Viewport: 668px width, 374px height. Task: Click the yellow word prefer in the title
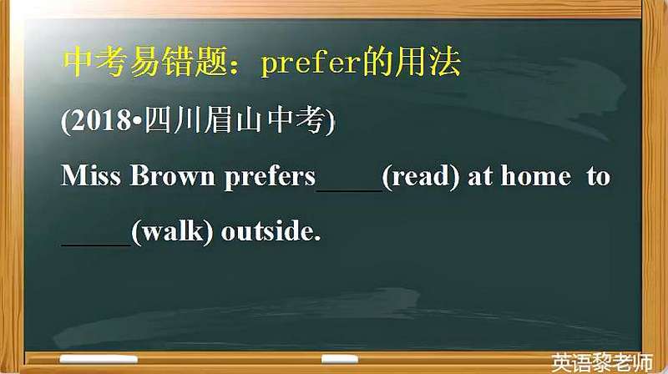309,64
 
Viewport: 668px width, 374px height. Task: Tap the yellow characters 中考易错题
145,62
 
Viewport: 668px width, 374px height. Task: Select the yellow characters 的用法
410,62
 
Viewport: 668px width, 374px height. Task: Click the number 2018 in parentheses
101,120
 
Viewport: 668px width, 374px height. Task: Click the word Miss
91,175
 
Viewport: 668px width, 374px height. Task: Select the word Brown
173,175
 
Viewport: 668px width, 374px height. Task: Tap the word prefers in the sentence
270,176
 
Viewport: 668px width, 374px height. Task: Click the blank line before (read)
349,191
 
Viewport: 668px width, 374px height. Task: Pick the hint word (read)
421,176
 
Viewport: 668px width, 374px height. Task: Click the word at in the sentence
479,176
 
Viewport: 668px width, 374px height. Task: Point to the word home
536,175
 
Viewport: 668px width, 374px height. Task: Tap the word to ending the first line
598,176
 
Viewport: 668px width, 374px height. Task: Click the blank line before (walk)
96,245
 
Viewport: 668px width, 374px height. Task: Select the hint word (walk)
172,232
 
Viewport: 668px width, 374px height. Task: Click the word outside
271,231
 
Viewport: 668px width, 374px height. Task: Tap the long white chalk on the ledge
99,360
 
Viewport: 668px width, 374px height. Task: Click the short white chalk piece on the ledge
340,359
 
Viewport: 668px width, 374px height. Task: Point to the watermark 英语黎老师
602,363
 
